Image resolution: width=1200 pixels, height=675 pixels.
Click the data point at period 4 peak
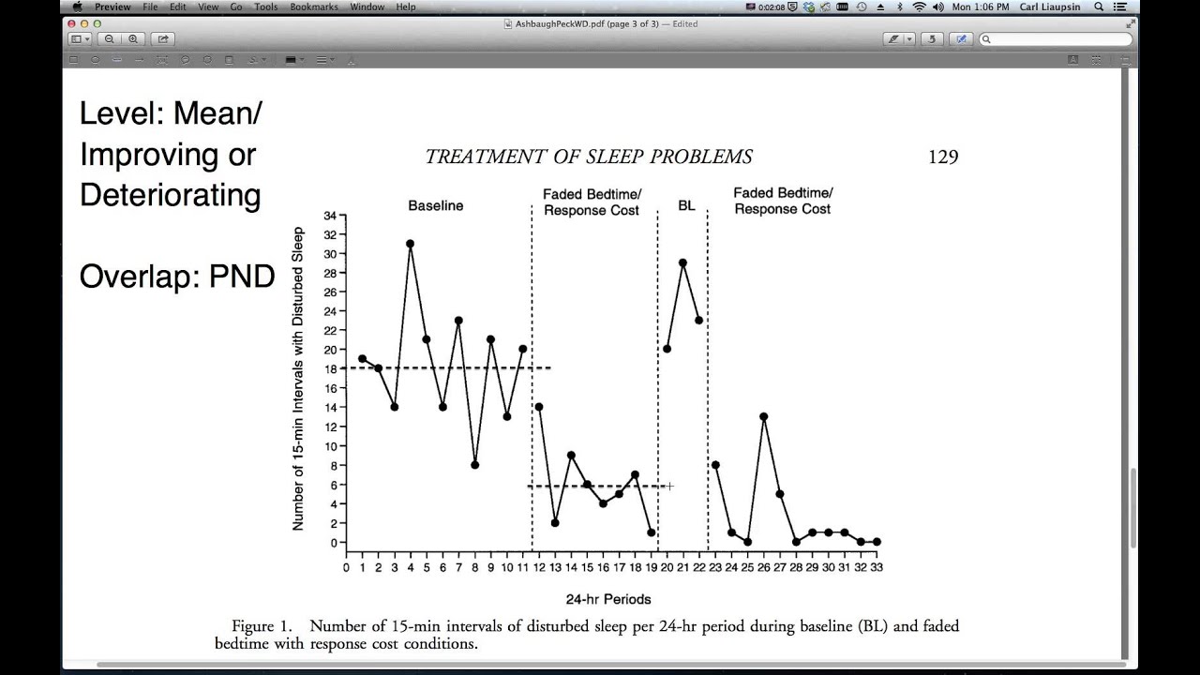(x=410, y=244)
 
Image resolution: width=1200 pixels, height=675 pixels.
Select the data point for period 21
(x=682, y=262)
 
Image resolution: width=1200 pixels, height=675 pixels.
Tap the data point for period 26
(x=764, y=416)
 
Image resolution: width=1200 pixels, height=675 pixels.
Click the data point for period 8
(x=475, y=465)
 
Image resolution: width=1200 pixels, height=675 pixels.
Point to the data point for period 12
(x=539, y=407)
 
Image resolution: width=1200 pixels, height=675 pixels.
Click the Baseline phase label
(x=435, y=205)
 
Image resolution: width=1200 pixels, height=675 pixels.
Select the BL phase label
(x=686, y=205)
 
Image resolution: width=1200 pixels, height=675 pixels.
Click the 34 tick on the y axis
(x=330, y=215)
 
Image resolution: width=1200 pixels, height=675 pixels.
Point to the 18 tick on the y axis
(x=330, y=368)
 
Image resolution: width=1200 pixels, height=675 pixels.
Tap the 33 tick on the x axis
(x=876, y=566)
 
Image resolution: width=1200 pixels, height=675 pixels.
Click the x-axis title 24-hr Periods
(x=608, y=599)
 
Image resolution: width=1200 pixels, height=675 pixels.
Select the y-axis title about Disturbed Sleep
(x=298, y=379)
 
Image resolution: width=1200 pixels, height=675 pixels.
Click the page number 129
(x=943, y=157)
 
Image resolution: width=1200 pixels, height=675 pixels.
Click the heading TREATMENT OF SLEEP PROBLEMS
(x=589, y=157)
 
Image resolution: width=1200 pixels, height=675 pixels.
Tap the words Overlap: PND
(x=176, y=277)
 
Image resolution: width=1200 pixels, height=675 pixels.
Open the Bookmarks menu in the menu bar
(x=313, y=7)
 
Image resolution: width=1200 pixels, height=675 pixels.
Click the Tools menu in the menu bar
(x=266, y=7)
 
